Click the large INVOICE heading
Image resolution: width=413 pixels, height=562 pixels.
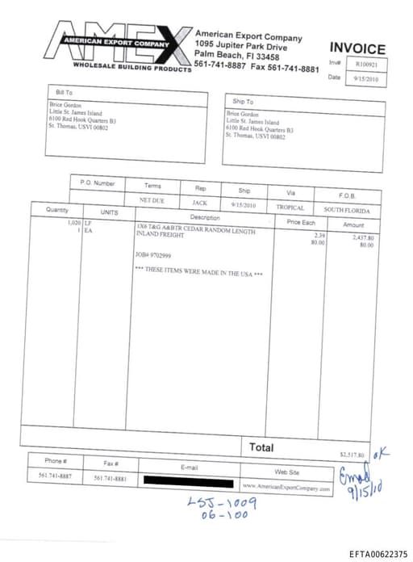[x=357, y=49]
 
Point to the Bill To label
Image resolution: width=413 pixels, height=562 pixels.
[x=64, y=93]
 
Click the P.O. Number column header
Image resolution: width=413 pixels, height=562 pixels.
[x=98, y=183]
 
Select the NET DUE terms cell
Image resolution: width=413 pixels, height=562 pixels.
[x=152, y=199]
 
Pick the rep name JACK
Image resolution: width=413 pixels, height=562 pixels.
[x=199, y=203]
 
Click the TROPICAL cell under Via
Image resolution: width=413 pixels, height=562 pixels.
[x=290, y=208]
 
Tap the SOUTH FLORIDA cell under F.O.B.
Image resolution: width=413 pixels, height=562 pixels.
[x=347, y=210]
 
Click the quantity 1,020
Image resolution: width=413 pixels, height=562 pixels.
[x=74, y=222]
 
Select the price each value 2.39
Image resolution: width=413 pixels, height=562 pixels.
[x=319, y=235]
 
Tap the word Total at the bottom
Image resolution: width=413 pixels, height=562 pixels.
[x=261, y=447]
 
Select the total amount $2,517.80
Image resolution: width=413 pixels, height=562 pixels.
[x=352, y=455]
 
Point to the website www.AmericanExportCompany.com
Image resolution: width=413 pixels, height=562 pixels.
[x=286, y=488]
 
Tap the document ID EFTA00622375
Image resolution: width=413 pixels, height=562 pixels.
[x=378, y=554]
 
